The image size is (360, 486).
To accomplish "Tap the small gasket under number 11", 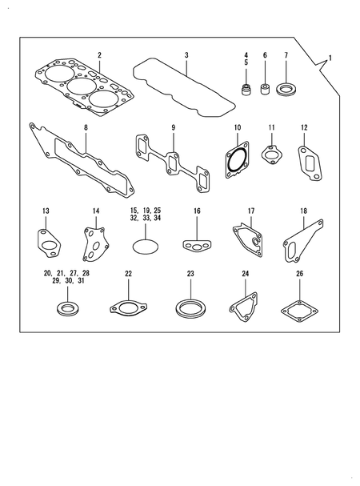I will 273,155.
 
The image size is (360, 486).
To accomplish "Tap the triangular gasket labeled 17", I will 249,240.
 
